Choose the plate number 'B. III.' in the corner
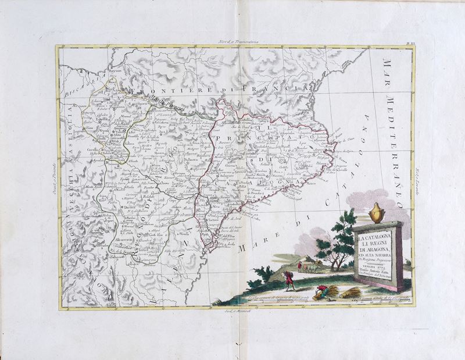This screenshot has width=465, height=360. [x=410, y=43]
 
